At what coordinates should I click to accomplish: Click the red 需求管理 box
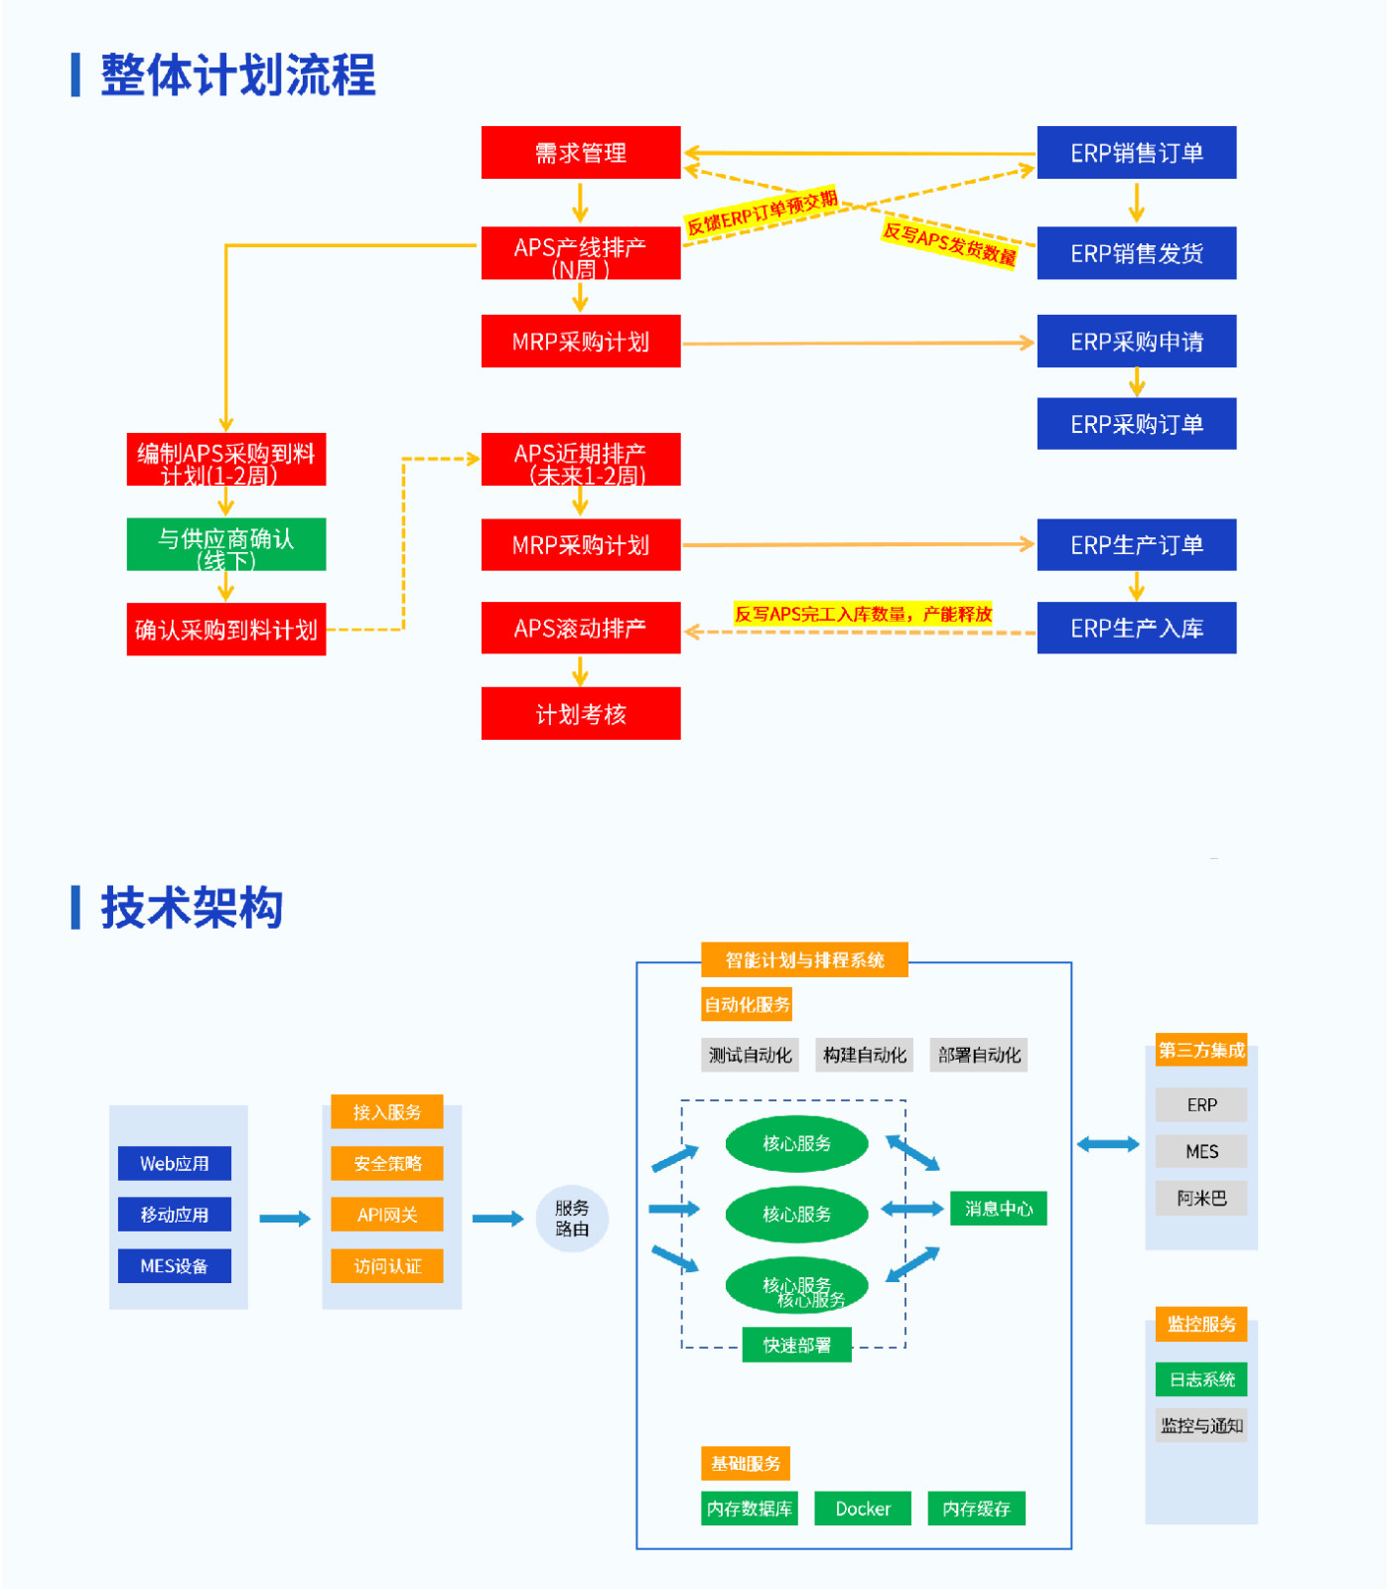tap(581, 153)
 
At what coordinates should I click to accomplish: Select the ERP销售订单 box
tap(1136, 153)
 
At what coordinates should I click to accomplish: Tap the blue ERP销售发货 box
tap(1136, 253)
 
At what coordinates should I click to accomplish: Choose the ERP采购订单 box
tap(1136, 424)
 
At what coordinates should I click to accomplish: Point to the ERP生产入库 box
tap(1136, 628)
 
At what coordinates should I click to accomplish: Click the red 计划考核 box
tap(581, 713)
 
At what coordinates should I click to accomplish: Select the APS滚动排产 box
tap(581, 628)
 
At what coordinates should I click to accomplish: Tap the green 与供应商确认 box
tap(226, 544)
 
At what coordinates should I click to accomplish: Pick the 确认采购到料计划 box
tap(226, 629)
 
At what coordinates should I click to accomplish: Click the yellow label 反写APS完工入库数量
tap(863, 614)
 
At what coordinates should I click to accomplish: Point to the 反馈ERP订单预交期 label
tap(763, 213)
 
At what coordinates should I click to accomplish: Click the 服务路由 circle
tap(572, 1219)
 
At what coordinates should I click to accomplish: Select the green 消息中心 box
tap(998, 1209)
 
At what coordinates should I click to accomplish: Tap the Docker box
tap(863, 1509)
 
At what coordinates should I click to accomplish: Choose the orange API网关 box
tap(387, 1215)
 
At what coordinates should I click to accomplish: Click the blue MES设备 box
tap(175, 1266)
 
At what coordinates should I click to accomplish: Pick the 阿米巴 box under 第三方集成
tap(1201, 1199)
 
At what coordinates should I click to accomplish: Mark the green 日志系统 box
tap(1201, 1379)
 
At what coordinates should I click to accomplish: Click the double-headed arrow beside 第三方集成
tap(1108, 1145)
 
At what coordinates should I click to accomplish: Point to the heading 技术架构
tap(192, 908)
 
